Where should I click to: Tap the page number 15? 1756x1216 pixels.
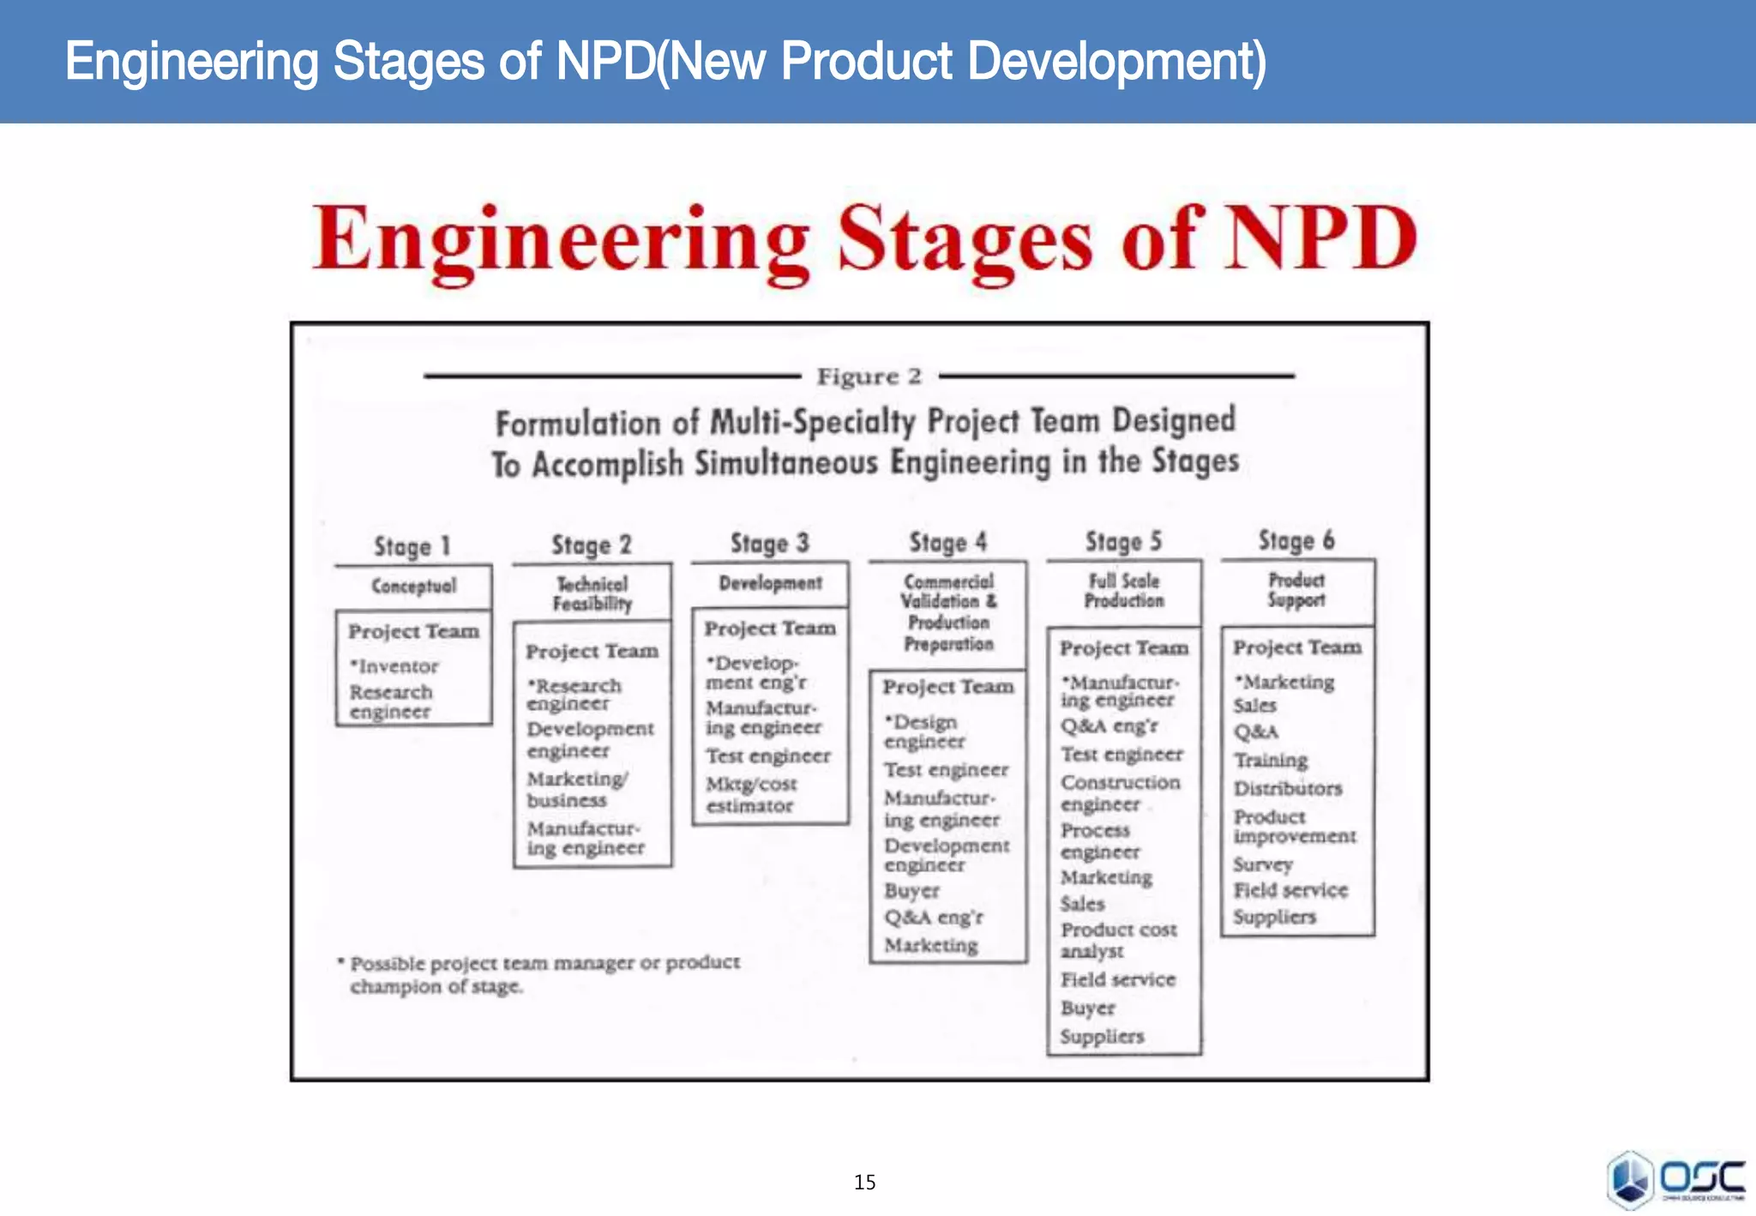(864, 1183)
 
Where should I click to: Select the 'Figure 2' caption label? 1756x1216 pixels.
(869, 376)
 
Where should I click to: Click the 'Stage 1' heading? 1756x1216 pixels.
(412, 546)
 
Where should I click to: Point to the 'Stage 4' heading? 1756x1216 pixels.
(947, 543)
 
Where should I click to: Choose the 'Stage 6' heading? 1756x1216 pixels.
(1296, 540)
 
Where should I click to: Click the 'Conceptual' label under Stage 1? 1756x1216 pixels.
(413, 587)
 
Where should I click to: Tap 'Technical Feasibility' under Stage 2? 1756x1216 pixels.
(592, 593)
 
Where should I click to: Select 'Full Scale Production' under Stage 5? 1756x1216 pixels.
(1123, 591)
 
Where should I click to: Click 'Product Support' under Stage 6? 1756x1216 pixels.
(1296, 590)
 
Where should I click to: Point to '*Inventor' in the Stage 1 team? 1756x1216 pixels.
(394, 666)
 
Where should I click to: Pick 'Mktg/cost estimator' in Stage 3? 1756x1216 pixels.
(750, 795)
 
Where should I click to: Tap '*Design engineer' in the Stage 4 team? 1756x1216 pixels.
(923, 731)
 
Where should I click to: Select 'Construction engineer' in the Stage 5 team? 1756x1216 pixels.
(1119, 793)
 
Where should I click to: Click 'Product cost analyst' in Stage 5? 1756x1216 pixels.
(1117, 940)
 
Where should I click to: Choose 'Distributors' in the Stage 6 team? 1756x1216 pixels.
(1287, 788)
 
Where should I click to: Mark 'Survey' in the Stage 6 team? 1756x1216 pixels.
(1262, 864)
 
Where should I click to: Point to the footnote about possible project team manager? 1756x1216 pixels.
(542, 974)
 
